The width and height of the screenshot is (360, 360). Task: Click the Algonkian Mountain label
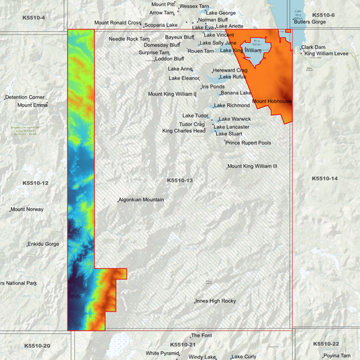point(141,200)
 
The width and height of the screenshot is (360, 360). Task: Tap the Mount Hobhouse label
point(272,101)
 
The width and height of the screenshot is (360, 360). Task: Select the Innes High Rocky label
point(215,301)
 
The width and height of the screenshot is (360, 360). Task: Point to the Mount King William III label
point(253,166)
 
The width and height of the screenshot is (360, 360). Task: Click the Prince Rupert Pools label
point(249,143)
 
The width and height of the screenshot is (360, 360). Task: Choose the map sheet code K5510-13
point(180,181)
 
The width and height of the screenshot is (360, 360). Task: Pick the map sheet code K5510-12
point(35,183)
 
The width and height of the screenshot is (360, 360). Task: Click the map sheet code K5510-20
point(36,346)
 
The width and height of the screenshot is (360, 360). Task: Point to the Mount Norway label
point(27,209)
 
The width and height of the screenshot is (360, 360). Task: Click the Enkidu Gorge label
point(44,244)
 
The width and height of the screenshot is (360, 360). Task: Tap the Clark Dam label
point(313,47)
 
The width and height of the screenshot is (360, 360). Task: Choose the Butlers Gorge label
point(310,22)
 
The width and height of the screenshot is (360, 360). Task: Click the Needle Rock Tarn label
point(129,39)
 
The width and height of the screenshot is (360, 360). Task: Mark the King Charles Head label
point(184,131)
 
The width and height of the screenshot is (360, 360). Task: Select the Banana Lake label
point(236,93)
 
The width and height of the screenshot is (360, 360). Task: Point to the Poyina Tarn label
point(337,356)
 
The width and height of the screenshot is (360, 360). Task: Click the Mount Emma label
point(32,105)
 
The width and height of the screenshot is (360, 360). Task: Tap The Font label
point(201,336)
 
